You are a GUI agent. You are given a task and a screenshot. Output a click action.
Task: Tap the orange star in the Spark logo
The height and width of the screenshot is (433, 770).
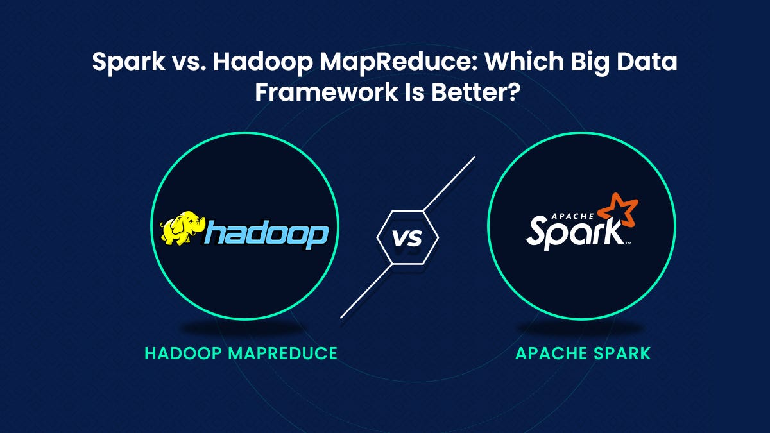620,210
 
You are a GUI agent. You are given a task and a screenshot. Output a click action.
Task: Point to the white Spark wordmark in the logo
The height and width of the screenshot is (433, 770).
571,232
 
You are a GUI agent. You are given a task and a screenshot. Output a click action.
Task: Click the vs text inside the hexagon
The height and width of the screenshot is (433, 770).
407,239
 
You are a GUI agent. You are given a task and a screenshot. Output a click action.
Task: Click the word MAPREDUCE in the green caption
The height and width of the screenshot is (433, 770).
282,353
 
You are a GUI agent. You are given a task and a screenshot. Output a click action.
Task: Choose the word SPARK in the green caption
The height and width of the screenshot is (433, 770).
620,353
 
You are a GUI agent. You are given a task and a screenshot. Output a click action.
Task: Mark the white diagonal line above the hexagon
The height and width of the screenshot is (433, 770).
449,182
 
